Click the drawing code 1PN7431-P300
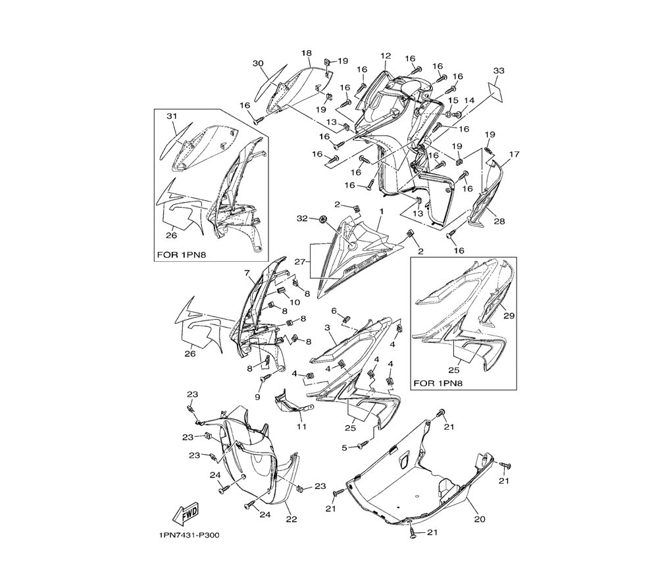coord(190,536)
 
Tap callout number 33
coord(499,71)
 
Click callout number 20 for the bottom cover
coord(480,519)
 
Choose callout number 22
coord(291,519)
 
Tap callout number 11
coord(302,427)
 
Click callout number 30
coord(258,63)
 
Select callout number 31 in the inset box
coord(172,116)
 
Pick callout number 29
coord(509,316)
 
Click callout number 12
coord(386,56)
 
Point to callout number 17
coord(514,155)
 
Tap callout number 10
coord(295,302)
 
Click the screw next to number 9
coord(265,379)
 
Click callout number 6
coord(334,311)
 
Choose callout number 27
coord(299,262)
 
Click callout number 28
coord(499,222)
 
